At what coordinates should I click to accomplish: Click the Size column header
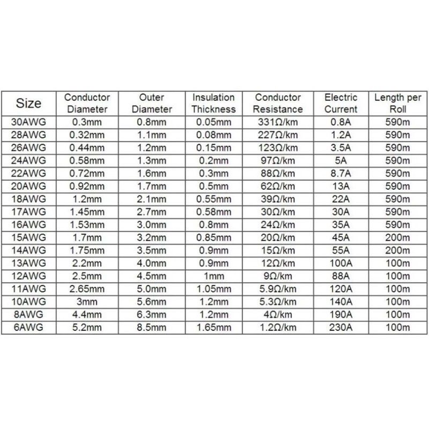click(29, 103)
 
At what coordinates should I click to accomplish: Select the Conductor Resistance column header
click(278, 103)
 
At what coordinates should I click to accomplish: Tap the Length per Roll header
click(398, 103)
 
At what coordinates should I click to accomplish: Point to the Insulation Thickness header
click(213, 103)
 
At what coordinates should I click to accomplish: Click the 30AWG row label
click(29, 122)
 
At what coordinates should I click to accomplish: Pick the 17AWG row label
click(29, 212)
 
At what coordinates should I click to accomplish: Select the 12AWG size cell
click(29, 277)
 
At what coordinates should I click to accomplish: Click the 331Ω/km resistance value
click(278, 122)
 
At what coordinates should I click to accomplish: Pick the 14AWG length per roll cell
click(398, 250)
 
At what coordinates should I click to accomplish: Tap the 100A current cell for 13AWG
click(341, 264)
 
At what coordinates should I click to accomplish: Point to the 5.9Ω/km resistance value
click(278, 290)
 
